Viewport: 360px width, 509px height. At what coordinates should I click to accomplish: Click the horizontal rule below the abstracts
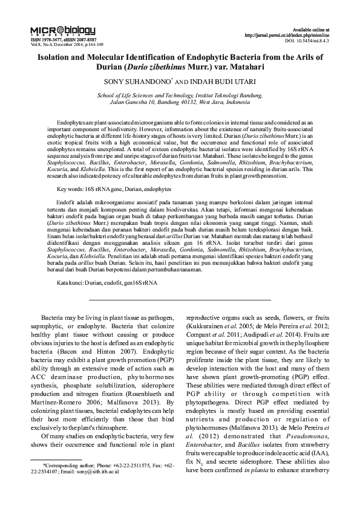pyautogui.click(x=180, y=299)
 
